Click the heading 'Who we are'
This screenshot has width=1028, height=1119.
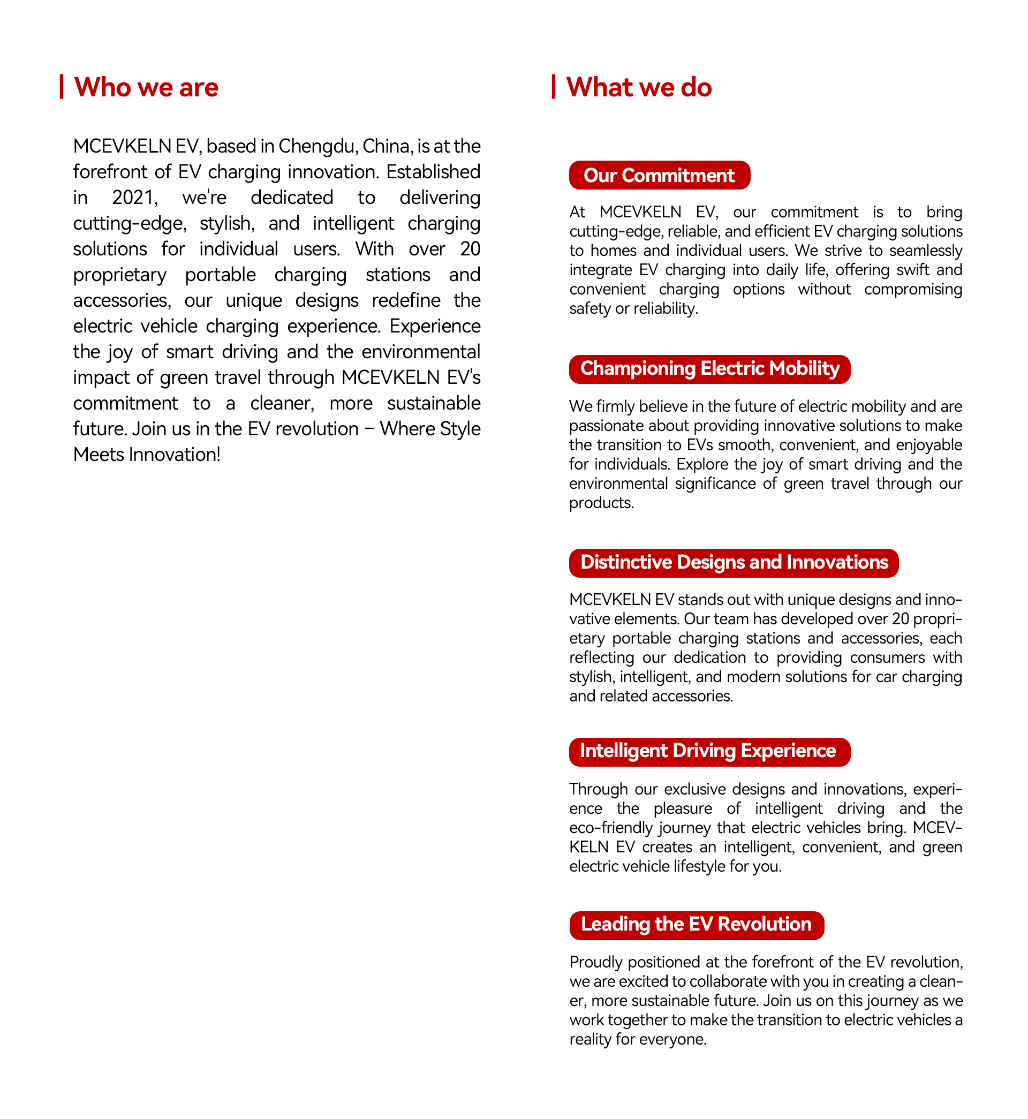[146, 87]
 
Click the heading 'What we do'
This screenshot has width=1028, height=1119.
[639, 87]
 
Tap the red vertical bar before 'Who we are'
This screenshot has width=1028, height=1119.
[62, 87]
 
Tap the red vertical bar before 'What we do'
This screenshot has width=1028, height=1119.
[554, 87]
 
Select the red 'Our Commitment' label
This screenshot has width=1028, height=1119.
[659, 175]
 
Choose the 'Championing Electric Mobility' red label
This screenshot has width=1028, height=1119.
[709, 369]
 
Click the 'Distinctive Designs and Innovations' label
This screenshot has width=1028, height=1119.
[734, 563]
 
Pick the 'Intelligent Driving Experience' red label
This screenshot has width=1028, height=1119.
[709, 751]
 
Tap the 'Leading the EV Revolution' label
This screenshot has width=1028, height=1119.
[696, 925]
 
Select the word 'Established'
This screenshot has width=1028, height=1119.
[433, 172]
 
